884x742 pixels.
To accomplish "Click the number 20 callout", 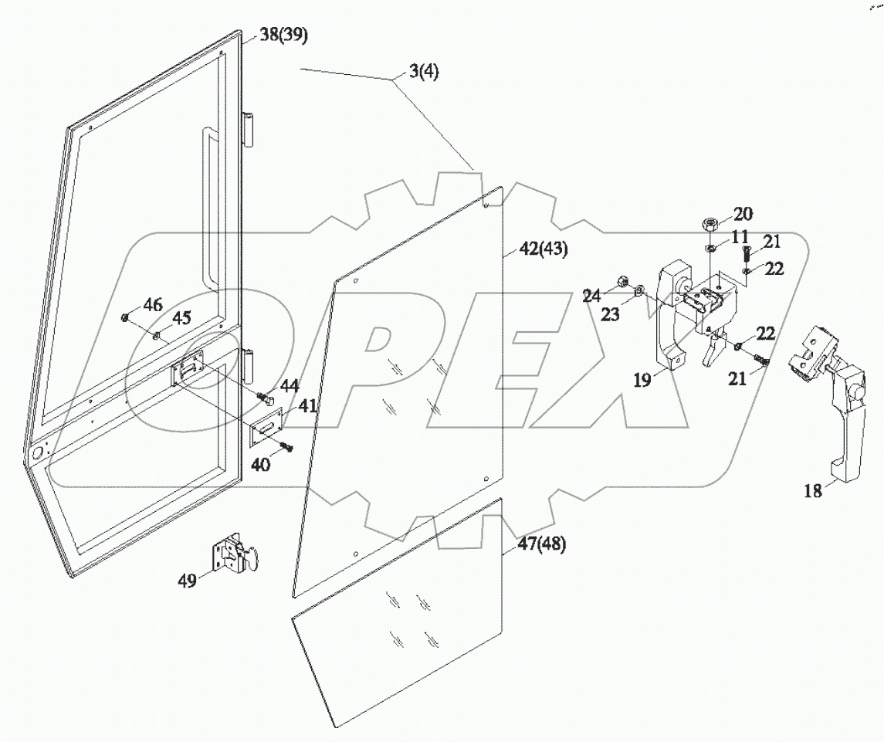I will pyautogui.click(x=742, y=214).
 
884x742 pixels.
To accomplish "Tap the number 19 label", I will pyautogui.click(x=642, y=380).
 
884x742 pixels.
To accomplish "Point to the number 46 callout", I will pyautogui.click(x=153, y=306).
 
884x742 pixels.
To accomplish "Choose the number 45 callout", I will pyautogui.click(x=181, y=318).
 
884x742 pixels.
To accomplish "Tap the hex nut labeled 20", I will pyautogui.click(x=710, y=225).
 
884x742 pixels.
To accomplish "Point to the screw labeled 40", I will pyautogui.click(x=286, y=446).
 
